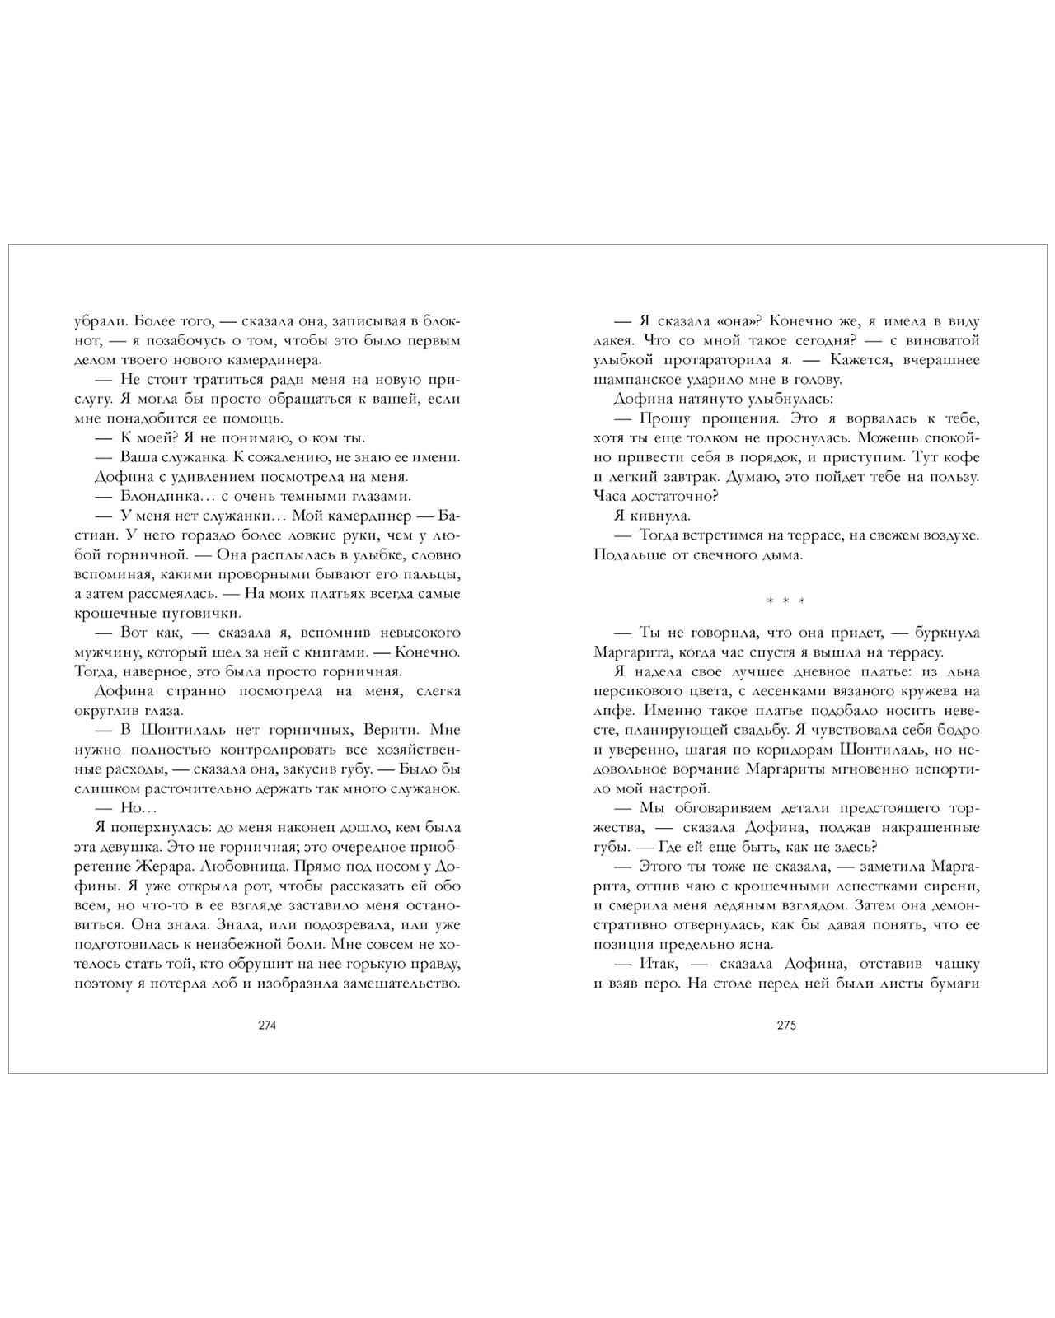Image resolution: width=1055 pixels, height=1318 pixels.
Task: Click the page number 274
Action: click(267, 1026)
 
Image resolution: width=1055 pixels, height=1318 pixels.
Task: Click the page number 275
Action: click(785, 1026)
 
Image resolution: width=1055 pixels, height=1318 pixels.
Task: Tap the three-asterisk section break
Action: click(785, 601)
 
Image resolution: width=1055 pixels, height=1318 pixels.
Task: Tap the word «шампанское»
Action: click(632, 380)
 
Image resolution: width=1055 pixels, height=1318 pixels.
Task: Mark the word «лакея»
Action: click(612, 340)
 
